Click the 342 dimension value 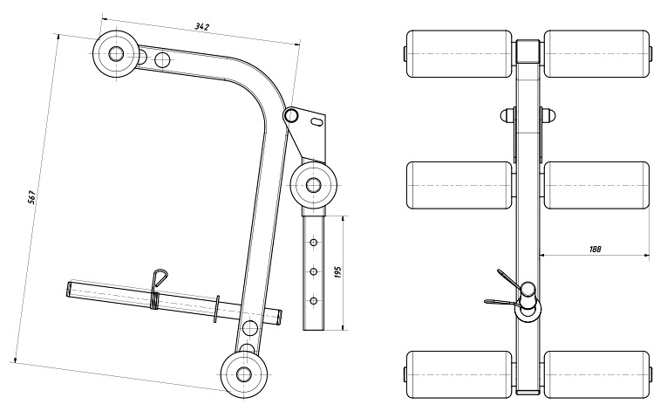coord(201,27)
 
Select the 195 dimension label coord(337,273)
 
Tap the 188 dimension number coord(596,249)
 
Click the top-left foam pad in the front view coord(459,54)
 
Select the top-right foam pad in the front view coord(596,54)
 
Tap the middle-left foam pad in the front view coord(459,185)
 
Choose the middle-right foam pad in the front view coord(596,185)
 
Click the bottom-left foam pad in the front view coord(459,373)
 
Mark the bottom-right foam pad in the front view coord(596,373)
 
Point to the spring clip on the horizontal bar coord(157,282)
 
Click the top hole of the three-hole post coord(312,243)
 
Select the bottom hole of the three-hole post coord(312,300)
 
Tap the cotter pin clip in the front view coord(504,288)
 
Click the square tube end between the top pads coord(527,52)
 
